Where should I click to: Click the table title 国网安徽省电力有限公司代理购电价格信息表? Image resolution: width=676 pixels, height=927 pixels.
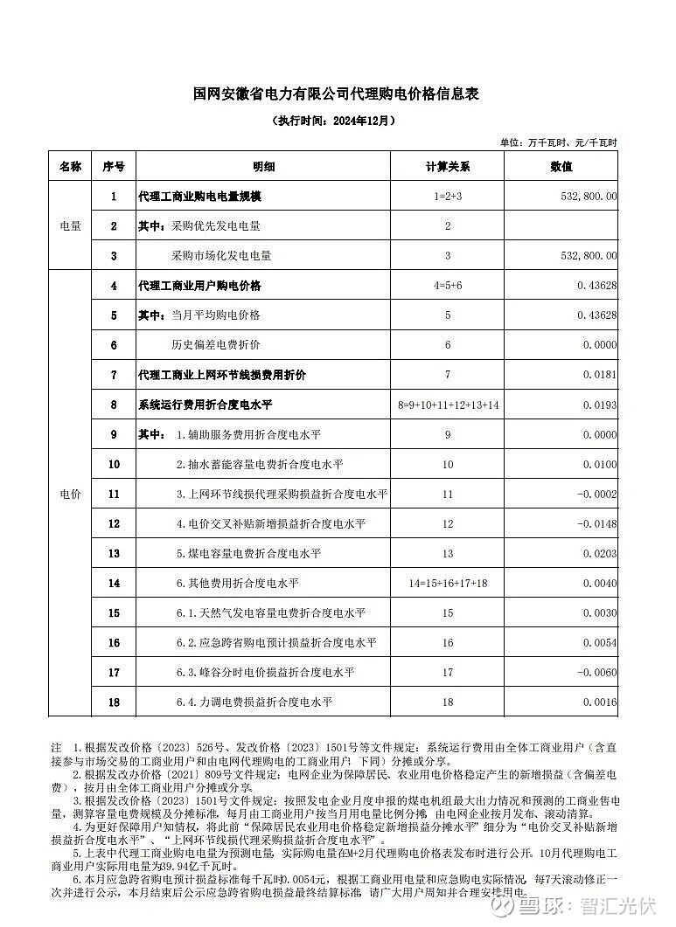pos(337,94)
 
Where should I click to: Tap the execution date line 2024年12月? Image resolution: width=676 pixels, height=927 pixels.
pos(337,121)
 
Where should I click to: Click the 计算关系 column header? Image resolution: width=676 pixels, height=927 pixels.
pos(447,166)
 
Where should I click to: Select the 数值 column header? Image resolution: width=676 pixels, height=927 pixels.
pos(561,166)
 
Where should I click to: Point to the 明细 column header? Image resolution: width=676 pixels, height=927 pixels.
pos(263,166)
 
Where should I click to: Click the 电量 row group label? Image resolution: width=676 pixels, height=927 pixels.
pos(70,226)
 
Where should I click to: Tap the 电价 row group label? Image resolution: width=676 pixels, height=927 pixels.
pos(70,494)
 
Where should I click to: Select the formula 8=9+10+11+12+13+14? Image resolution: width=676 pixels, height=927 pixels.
pos(447,405)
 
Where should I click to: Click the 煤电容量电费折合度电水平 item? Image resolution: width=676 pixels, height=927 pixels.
pos(248,553)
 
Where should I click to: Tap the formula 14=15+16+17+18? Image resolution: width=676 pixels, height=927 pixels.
pos(447,583)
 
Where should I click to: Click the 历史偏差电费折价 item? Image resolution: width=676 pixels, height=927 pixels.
pos(215,345)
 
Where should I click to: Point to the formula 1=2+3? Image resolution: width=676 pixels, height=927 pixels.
pos(447,197)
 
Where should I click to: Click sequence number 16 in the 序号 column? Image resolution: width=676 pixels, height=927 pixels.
pos(114,642)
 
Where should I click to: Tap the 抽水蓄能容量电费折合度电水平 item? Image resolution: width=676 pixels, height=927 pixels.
pos(260,464)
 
